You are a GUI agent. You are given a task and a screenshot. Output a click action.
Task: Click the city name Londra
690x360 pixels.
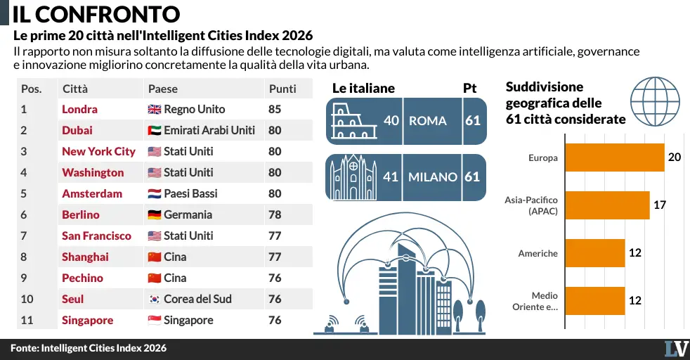click(79, 109)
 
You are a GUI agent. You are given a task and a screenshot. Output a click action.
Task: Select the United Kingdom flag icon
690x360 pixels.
click(155, 110)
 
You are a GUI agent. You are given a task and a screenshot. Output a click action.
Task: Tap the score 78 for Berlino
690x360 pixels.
click(275, 214)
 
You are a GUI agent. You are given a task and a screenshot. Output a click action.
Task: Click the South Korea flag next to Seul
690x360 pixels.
click(155, 300)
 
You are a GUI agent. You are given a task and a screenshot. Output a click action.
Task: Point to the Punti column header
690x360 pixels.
click(282, 89)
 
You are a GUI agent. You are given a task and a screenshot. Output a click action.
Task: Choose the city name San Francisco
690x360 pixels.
click(96, 236)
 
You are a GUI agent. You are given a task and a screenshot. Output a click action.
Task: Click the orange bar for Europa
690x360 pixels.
click(615, 157)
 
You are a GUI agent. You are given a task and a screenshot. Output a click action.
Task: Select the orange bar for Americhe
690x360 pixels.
click(595, 253)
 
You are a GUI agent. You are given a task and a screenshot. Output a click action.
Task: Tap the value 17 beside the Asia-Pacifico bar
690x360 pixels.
click(660, 205)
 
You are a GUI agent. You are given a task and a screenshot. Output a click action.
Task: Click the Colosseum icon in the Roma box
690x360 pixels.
click(354, 121)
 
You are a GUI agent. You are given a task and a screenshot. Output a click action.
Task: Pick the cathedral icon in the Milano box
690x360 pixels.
click(354, 177)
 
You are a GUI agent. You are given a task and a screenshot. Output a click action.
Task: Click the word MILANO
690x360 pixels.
click(433, 177)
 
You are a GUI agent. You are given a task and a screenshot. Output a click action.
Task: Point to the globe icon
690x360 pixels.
click(656, 102)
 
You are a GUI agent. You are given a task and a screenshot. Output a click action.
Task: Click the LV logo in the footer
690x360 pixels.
click(677, 349)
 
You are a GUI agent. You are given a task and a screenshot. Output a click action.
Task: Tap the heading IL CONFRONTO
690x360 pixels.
click(96, 14)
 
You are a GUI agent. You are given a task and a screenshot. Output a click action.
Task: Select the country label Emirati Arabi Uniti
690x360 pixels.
click(209, 130)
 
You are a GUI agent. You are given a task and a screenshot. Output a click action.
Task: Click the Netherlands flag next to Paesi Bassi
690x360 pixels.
click(155, 194)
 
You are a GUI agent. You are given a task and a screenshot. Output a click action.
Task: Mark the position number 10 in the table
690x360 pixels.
click(27, 300)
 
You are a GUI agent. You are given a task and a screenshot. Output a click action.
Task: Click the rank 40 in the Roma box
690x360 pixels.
click(391, 121)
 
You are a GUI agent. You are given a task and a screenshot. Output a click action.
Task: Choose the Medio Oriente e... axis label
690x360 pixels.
click(535, 302)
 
